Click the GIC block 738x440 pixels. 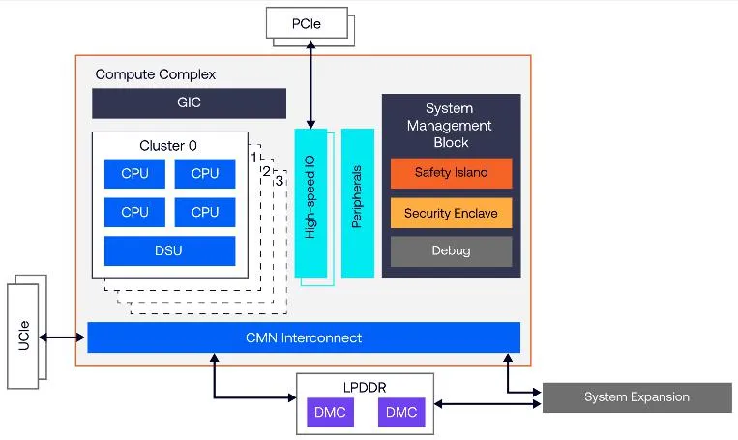[189, 103]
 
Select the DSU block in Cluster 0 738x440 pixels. [169, 250]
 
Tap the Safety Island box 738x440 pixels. [451, 173]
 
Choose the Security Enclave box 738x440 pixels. [451, 213]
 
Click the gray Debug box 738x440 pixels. [451, 251]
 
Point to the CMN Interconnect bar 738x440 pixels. [304, 337]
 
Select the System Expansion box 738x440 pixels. [636, 397]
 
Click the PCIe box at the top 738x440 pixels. [307, 23]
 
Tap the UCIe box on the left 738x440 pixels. [22, 336]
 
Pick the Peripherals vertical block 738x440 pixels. [357, 203]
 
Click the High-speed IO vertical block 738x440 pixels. [310, 203]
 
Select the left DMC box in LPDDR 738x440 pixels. [330, 413]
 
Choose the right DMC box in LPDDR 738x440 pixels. [401, 413]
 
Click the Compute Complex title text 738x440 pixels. [156, 74]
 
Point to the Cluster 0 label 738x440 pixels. [168, 145]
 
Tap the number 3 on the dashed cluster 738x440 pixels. [280, 181]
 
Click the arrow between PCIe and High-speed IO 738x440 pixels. [310, 84]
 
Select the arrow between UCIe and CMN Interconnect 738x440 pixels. [62, 337]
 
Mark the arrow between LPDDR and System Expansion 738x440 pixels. [487, 404]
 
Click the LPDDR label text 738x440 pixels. [365, 387]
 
